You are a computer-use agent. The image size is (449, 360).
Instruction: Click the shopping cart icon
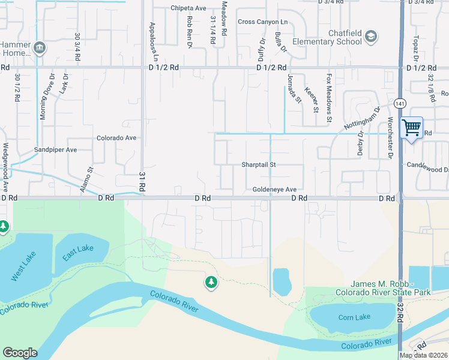411,127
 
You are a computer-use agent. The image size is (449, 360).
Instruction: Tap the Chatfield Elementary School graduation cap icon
371,37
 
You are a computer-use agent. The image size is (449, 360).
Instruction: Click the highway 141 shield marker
399,103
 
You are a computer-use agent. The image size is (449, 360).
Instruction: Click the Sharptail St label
258,164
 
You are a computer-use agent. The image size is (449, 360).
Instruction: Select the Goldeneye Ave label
274,189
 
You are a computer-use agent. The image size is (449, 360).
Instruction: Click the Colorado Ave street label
117,138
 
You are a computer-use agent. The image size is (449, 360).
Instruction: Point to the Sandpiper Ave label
55,149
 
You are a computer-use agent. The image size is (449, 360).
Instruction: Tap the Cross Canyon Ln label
263,22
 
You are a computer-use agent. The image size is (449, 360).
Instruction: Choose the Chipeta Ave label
188,8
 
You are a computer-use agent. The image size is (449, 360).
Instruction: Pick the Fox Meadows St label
329,98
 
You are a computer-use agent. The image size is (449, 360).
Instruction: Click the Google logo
20,353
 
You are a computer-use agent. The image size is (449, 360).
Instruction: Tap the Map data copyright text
423,355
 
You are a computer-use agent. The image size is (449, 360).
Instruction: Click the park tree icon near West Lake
4,226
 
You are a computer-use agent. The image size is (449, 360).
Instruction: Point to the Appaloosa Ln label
154,42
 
